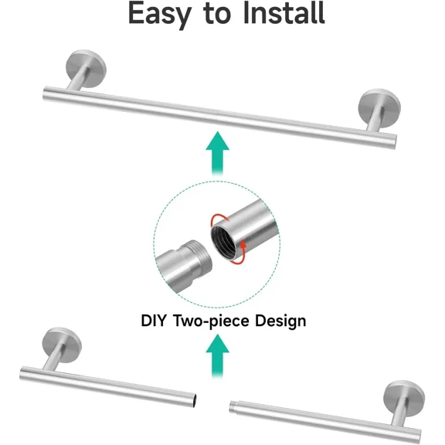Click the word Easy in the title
[159, 14]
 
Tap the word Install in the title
[284, 12]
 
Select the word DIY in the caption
[153, 321]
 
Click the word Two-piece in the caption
[211, 321]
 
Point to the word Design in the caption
[280, 321]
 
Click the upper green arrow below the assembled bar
[217, 153]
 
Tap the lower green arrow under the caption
[217, 356]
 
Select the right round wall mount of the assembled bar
[379, 108]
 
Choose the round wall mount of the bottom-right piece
[404, 399]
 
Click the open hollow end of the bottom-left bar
[195, 400]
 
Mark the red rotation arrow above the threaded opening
[219, 218]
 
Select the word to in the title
[217, 14]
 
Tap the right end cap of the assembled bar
[393, 141]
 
